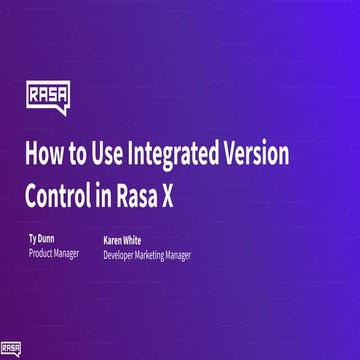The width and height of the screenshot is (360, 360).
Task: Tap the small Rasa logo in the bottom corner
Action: click(12, 349)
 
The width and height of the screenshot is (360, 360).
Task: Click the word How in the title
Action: click(43, 155)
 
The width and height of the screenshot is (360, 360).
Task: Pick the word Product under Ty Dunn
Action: click(44, 254)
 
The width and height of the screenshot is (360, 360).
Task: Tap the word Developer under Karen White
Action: click(122, 255)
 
